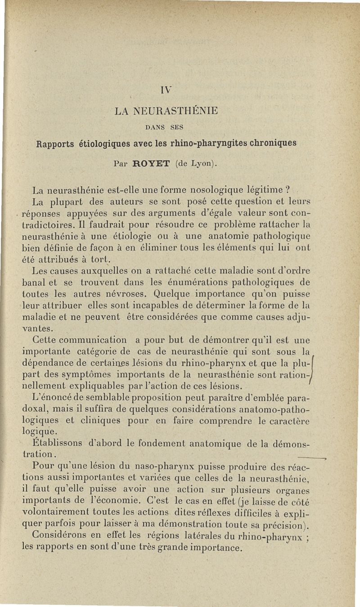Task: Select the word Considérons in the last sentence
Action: point(61,536)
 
